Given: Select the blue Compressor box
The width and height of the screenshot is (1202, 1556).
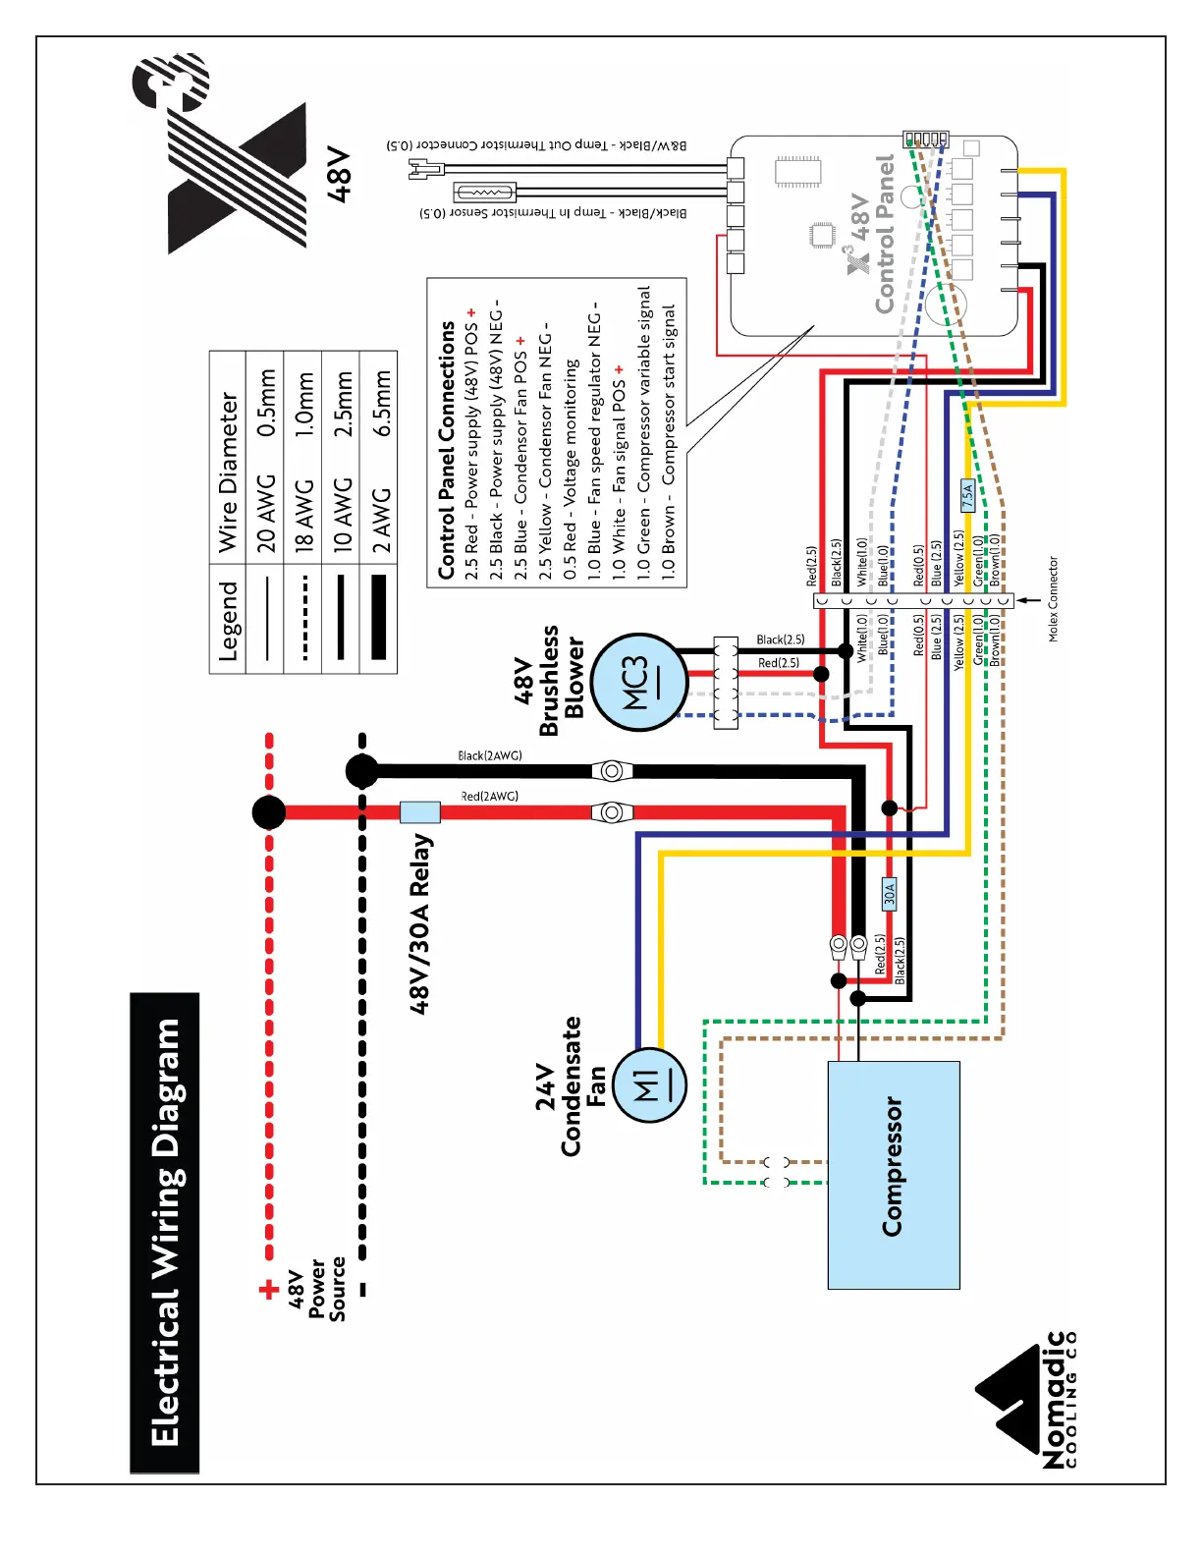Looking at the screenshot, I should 894,1175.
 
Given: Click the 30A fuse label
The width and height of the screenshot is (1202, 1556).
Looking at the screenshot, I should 890,894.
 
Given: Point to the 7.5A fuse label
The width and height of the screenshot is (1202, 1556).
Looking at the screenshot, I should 967,494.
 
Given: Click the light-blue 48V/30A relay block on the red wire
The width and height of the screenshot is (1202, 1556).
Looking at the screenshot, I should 419,812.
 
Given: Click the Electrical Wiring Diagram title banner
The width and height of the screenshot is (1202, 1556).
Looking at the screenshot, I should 165,1233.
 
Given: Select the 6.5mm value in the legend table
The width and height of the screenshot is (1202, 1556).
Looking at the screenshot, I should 381,403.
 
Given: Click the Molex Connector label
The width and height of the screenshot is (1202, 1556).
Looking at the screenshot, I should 1054,599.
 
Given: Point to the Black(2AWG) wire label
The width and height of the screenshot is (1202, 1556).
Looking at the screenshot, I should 490,755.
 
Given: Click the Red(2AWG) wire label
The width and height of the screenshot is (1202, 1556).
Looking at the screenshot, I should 490,796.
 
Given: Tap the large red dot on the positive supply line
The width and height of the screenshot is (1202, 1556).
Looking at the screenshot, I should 269,812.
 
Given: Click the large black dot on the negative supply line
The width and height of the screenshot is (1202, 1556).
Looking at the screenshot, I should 362,771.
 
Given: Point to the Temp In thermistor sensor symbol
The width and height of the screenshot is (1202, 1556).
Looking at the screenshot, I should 485,193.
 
